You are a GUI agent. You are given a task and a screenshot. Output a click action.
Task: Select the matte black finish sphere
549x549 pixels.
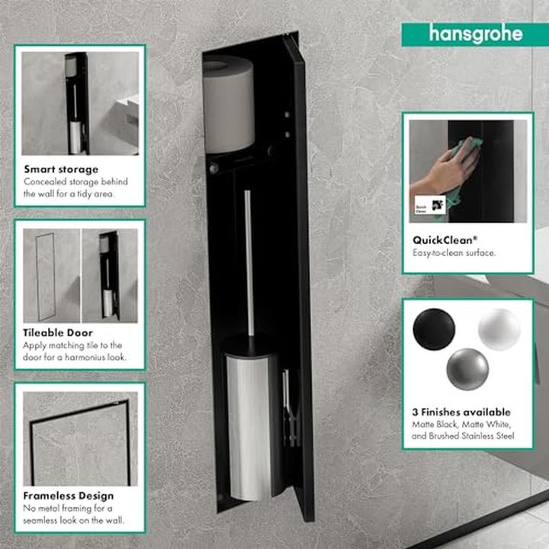[433, 330]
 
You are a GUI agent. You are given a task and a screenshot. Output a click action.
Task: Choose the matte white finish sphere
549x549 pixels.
[499, 329]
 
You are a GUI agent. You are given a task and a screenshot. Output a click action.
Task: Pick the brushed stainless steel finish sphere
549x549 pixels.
[467, 368]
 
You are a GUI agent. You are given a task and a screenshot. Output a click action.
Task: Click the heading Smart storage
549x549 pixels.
[61, 169]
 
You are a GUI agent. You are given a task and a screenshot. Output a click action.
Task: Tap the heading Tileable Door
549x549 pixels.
[58, 332]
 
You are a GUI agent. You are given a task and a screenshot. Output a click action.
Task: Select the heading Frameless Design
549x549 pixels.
[69, 496]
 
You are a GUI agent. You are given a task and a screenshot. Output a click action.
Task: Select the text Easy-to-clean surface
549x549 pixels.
[454, 252]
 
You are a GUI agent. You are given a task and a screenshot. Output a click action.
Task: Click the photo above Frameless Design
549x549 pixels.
[80, 438]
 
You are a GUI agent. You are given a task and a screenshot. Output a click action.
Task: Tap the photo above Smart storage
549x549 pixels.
[80, 103]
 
